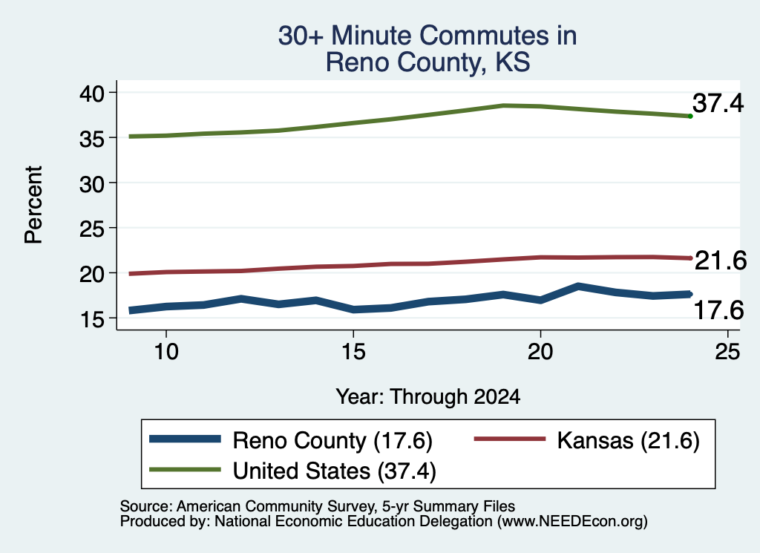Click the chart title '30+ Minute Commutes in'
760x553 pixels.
427,36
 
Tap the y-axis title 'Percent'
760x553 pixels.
33,205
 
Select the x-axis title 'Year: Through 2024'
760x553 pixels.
428,396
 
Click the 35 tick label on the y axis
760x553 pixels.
91,138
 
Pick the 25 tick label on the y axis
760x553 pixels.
91,229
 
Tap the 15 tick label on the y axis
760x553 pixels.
91,319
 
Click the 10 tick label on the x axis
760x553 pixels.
166,351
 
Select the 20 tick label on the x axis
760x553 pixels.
540,351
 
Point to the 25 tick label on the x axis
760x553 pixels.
727,351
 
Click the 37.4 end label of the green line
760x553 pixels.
718,103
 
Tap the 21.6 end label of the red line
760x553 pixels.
721,261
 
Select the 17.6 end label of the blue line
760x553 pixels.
718,310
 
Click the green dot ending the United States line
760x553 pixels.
690,117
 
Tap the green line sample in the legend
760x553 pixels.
185,469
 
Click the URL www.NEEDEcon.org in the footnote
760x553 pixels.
572,522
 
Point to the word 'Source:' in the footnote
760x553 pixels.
146,506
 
